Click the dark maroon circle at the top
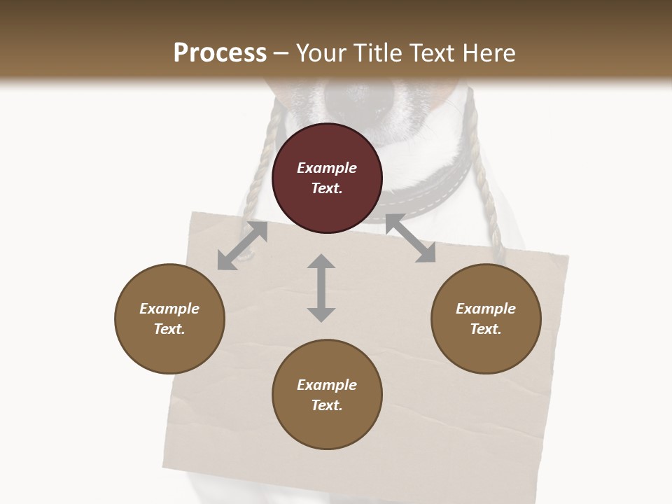327,178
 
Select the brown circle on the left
169,318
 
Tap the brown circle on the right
486,318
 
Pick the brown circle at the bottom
327,395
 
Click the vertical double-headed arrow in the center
321,288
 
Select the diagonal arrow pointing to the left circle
242,246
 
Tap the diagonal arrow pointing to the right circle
410,239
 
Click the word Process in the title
220,53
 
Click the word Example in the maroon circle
327,168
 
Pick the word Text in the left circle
169,329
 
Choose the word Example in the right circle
486,309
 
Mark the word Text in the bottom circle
327,405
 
